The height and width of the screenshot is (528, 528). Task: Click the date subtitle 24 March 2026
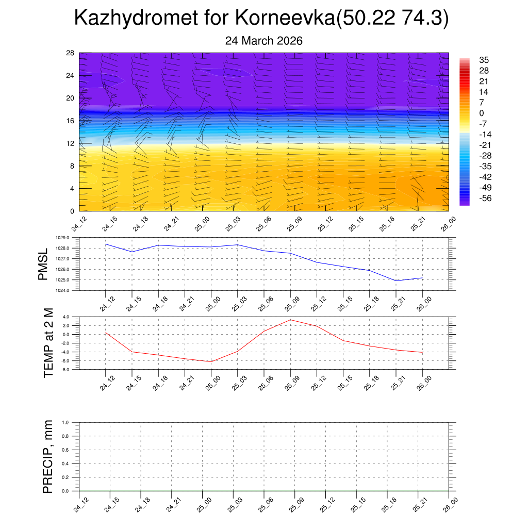[x=263, y=41]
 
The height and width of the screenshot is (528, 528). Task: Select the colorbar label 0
[x=482, y=113]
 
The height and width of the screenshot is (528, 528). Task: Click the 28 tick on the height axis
[x=71, y=53]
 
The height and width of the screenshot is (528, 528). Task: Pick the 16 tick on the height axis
[x=71, y=121]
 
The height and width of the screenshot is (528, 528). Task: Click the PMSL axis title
[x=43, y=264]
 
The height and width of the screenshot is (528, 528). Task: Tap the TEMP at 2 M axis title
[x=48, y=343]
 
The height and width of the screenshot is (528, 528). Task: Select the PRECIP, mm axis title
[x=48, y=457]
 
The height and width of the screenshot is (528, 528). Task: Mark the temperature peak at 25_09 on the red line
[x=290, y=320]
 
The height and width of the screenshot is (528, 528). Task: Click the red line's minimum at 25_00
[x=211, y=361]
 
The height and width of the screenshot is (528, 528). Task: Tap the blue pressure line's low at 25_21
[x=396, y=280]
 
